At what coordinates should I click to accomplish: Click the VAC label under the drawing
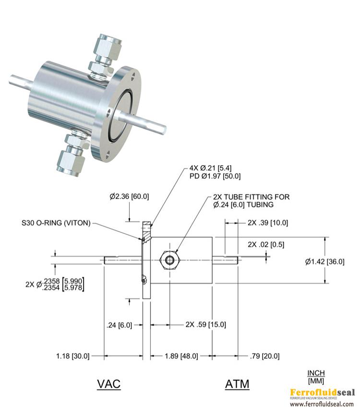[108, 384]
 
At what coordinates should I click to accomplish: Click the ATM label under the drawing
[237, 384]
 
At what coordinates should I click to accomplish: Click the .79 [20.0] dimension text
[265, 356]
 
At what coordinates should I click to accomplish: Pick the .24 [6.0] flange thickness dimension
[119, 324]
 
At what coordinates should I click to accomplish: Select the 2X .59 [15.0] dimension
[205, 324]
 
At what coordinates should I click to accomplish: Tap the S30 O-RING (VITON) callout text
[56, 223]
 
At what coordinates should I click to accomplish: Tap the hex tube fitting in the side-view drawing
[169, 260]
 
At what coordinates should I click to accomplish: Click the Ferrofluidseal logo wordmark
[322, 392]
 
